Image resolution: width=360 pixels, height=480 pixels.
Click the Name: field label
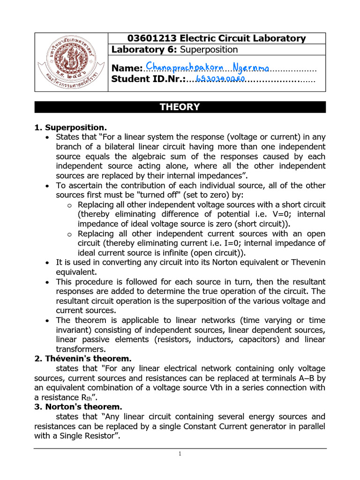127,69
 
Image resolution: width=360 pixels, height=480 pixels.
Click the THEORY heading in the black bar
180,107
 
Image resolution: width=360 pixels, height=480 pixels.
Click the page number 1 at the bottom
180,454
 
